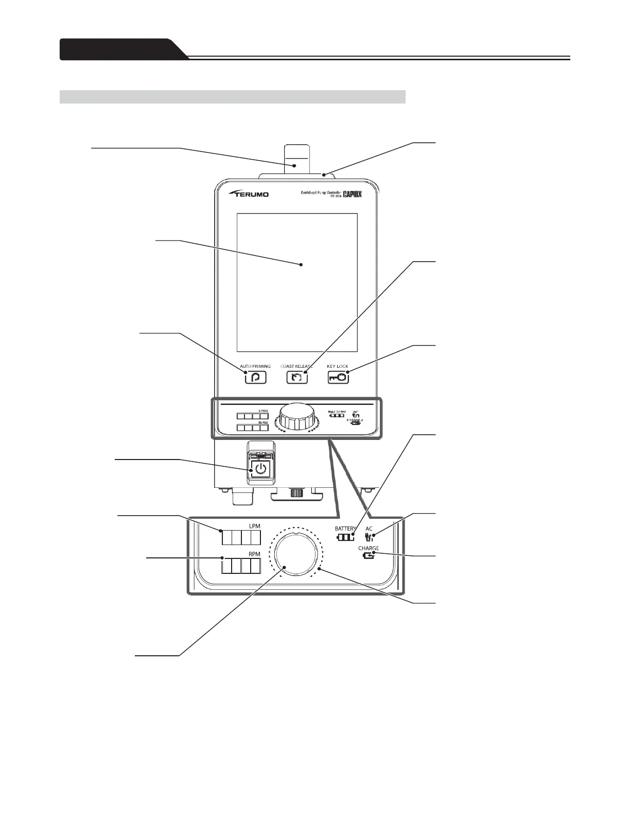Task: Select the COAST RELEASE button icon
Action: (297, 378)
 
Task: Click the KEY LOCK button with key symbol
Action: (338, 378)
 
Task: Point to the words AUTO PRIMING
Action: (255, 366)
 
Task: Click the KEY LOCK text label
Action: (338, 366)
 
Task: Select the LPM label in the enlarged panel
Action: (254, 526)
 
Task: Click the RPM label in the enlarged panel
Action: (254, 554)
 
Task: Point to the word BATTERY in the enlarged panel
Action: (345, 529)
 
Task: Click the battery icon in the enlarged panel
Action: (345, 537)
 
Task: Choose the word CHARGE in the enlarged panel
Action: (369, 548)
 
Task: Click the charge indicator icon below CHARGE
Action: (368, 556)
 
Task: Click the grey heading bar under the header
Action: (232, 96)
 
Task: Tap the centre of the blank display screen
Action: (297, 282)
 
